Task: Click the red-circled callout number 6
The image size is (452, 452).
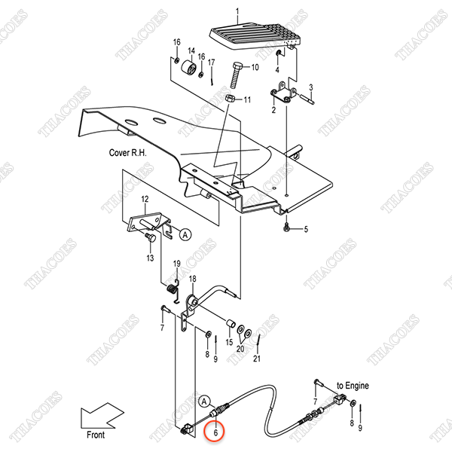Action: (x=215, y=432)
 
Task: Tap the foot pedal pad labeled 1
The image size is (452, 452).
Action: (x=255, y=35)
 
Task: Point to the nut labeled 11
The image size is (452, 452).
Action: (x=229, y=98)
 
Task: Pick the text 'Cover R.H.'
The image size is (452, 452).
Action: (x=128, y=152)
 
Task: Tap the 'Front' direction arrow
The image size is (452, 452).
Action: (x=102, y=415)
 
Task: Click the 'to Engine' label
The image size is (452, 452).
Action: (x=353, y=386)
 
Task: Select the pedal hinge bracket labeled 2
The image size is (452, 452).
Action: (x=283, y=92)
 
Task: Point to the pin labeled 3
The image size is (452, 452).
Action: (x=307, y=99)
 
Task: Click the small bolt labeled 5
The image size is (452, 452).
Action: (x=286, y=227)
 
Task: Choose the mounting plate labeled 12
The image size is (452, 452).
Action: (x=145, y=222)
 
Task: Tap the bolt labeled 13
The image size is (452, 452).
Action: (x=150, y=238)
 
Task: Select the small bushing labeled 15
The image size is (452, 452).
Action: (x=231, y=323)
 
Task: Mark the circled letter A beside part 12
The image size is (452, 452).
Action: (x=185, y=234)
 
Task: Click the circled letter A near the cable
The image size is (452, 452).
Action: (x=204, y=402)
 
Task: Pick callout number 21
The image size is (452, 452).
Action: (x=257, y=359)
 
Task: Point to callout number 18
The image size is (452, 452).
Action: (x=192, y=279)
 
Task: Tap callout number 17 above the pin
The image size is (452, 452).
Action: (x=211, y=63)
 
